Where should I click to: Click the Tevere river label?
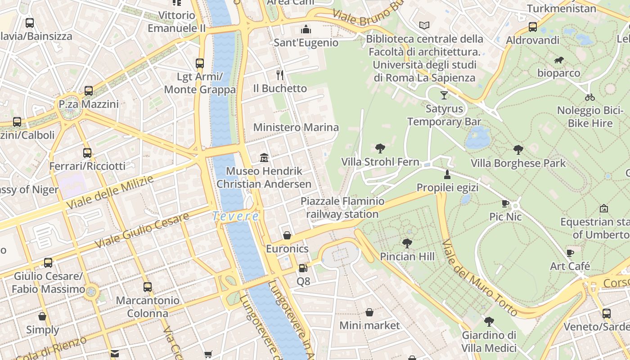point(236,216)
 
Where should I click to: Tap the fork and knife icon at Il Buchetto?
point(280,74)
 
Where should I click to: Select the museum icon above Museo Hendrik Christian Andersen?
point(264,157)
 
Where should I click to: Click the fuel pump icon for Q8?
point(303,268)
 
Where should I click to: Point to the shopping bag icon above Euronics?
point(287,235)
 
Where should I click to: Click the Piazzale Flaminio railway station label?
point(342,207)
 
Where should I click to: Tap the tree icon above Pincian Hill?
point(407,243)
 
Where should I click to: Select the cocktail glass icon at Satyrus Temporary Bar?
point(444,95)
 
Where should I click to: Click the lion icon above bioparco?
point(559,60)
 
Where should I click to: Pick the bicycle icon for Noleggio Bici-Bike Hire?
point(590,97)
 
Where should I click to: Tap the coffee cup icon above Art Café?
point(570,253)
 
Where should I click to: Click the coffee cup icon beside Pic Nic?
point(505,204)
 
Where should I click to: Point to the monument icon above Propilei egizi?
point(447,174)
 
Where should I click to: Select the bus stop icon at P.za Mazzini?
point(89,91)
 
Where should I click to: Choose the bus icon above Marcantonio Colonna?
point(148,287)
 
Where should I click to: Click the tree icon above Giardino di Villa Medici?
point(489,322)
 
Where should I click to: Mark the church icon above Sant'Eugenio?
point(306,29)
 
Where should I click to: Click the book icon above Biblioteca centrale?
point(424,25)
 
